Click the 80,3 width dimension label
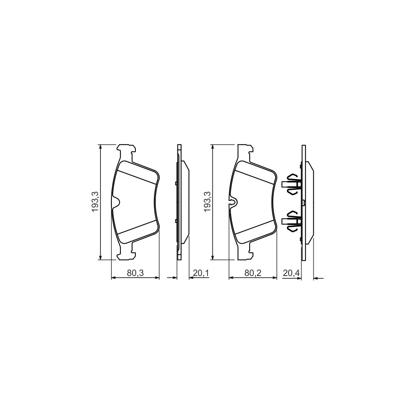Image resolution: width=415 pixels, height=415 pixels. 135,273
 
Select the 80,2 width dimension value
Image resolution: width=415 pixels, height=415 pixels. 252,273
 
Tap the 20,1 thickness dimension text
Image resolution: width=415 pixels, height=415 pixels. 201,273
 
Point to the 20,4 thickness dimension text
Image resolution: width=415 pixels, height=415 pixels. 291,273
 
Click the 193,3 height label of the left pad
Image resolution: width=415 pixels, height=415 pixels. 94,201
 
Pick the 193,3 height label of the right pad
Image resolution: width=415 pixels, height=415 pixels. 207,201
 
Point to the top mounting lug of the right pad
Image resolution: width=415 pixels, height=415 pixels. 245,150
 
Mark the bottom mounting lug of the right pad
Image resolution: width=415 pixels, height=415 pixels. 245,253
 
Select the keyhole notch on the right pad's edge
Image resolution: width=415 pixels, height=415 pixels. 233,201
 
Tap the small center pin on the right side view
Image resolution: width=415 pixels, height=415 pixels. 303,201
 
